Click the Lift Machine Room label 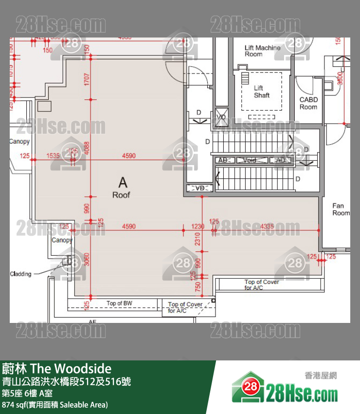tap(262, 51)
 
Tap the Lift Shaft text tap(261, 92)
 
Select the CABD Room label tap(308, 103)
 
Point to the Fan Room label tap(341, 209)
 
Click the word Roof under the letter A tap(121, 195)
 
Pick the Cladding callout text tap(20, 274)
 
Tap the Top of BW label tap(119, 303)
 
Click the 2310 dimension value tap(198, 239)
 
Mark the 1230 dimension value tap(198, 226)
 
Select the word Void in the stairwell tap(250, 160)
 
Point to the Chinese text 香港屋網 tap(321, 376)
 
